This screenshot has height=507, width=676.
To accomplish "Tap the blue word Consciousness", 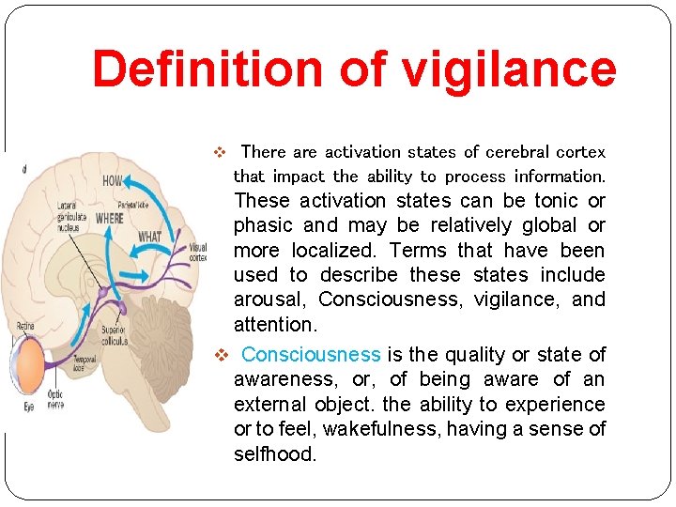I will click(x=311, y=355).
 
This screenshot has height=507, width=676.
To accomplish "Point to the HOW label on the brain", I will click(x=114, y=180).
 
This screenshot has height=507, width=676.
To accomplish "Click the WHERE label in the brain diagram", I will click(x=109, y=218).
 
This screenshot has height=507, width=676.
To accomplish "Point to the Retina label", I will click(x=25, y=326).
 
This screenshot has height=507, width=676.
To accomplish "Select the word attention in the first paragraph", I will click(x=276, y=325).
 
